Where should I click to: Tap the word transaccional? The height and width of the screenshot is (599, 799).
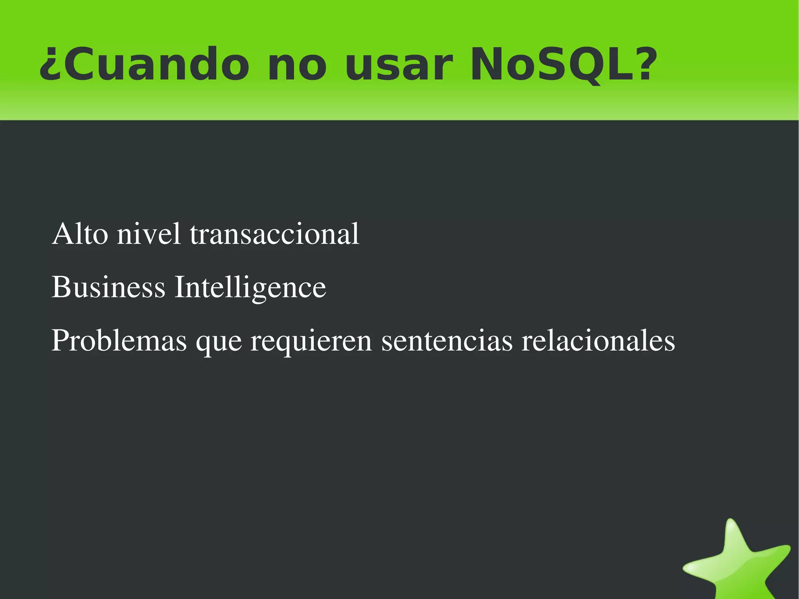274,234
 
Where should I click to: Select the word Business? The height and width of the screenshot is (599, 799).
108,287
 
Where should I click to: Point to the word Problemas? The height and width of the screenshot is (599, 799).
119,340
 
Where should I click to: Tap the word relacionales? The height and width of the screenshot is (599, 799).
598,340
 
